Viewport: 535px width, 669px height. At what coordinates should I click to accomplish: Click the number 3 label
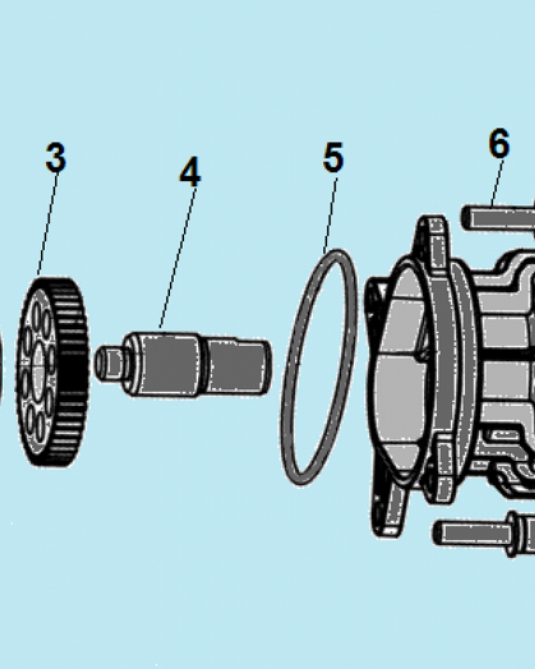click(x=56, y=158)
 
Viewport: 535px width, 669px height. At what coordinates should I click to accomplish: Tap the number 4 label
click(x=190, y=173)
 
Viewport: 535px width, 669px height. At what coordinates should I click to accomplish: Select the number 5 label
click(x=333, y=158)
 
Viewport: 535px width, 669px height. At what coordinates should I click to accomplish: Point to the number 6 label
click(x=499, y=143)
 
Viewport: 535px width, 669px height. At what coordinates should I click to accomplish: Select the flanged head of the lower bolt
click(x=514, y=533)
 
